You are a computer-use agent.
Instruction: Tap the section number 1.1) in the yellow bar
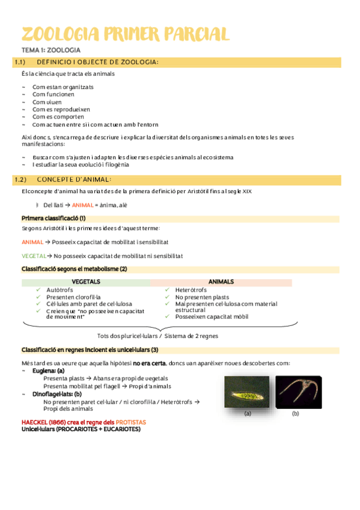20,62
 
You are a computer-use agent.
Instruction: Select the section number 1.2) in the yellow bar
20,179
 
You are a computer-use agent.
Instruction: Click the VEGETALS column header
86,281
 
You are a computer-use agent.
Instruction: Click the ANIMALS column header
221,281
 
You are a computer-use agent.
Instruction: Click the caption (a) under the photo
247,414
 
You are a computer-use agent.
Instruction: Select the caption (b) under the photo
296,414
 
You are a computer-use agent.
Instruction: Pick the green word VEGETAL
32,256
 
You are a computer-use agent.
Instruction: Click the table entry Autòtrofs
59,289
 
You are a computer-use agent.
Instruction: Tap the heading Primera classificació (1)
53,218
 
